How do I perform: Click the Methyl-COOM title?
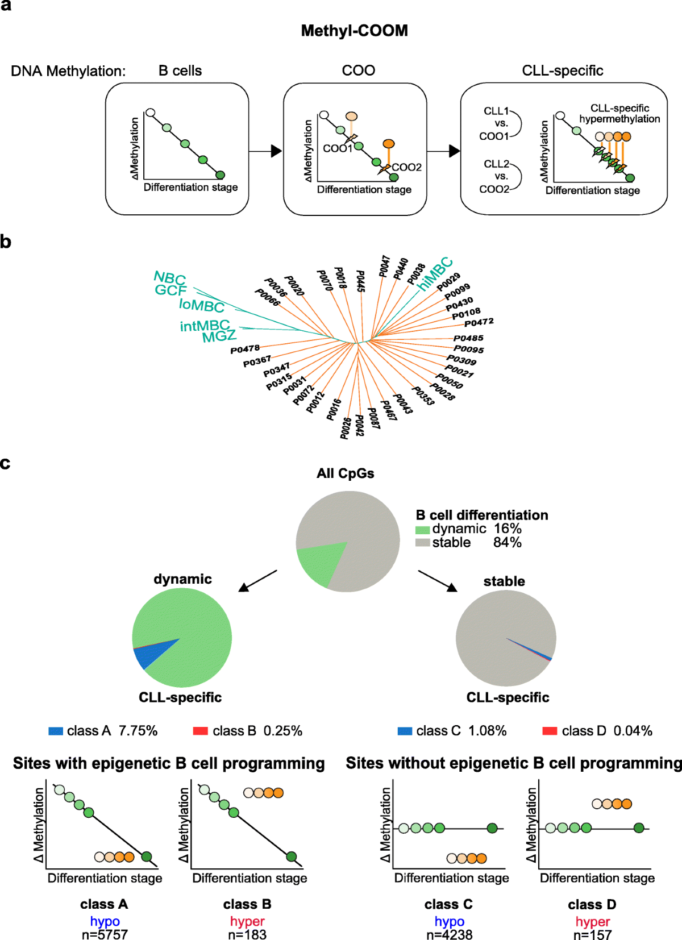tap(354, 31)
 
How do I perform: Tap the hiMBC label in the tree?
tap(435, 273)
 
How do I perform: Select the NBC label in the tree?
tap(170, 278)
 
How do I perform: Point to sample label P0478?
tap(245, 348)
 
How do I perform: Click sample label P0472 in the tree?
tap(479, 323)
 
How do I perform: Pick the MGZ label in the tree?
tap(219, 336)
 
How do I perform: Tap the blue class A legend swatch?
tap(56, 731)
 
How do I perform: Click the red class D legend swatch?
tap(550, 731)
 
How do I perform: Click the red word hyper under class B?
tap(247, 921)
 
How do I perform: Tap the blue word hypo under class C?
tap(449, 921)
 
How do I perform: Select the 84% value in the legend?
tap(507, 543)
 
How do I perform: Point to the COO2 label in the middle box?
tap(406, 167)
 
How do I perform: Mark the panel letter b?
tap(6, 242)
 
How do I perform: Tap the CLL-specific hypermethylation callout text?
tap(619, 114)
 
